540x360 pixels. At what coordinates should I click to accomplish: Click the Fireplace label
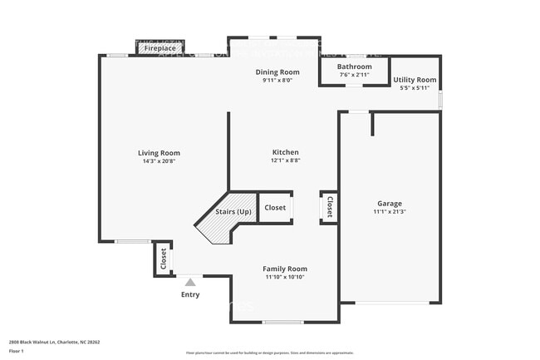160,48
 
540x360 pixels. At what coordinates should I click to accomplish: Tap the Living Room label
159,153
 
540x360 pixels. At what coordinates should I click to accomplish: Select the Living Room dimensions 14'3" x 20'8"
159,161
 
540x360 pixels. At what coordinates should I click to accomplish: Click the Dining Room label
277,72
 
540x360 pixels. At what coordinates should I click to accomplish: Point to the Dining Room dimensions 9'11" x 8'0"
277,81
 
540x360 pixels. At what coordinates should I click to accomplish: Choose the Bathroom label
355,67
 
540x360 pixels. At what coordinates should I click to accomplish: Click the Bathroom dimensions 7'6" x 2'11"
355,75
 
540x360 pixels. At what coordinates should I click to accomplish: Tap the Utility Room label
415,80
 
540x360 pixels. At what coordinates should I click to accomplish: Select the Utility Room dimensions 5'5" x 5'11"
415,88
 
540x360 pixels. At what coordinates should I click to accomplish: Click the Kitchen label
285,152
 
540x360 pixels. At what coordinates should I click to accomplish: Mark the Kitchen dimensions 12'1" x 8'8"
285,160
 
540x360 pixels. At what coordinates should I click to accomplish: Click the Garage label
390,204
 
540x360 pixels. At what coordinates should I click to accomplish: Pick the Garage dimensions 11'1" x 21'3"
390,212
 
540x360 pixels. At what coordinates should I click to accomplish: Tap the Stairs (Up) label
233,212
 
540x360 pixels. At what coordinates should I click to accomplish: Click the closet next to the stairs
275,208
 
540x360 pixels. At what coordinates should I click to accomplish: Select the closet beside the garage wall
329,207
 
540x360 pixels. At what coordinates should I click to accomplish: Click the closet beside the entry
163,259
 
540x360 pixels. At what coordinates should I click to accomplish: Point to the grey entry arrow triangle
189,283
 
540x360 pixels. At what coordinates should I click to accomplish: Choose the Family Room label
285,269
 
